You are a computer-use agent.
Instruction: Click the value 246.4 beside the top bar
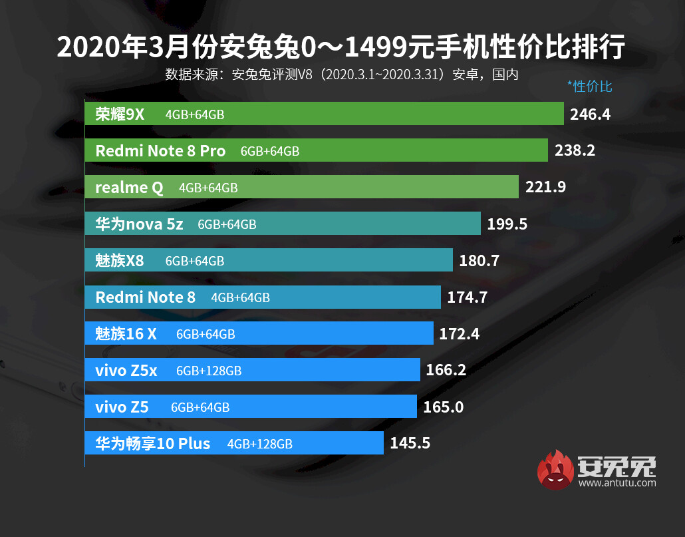pyautogui.click(x=590, y=114)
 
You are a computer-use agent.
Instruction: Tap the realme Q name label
pyautogui.click(x=129, y=188)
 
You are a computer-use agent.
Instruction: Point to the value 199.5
pyautogui.click(x=507, y=224)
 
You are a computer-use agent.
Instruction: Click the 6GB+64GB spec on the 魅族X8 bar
pyautogui.click(x=195, y=261)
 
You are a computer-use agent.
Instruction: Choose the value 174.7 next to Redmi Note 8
pyautogui.click(x=468, y=297)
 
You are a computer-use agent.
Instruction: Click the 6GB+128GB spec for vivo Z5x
pyautogui.click(x=209, y=371)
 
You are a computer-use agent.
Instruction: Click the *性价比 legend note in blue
pyautogui.click(x=589, y=86)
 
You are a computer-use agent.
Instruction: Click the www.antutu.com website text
pyautogui.click(x=617, y=483)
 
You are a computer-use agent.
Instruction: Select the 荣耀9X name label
pyautogui.click(x=120, y=114)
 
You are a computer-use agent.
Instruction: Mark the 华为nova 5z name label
pyautogui.click(x=139, y=224)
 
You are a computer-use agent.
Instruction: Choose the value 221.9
pyautogui.click(x=545, y=188)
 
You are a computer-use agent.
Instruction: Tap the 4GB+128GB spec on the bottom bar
pyautogui.click(x=259, y=444)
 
